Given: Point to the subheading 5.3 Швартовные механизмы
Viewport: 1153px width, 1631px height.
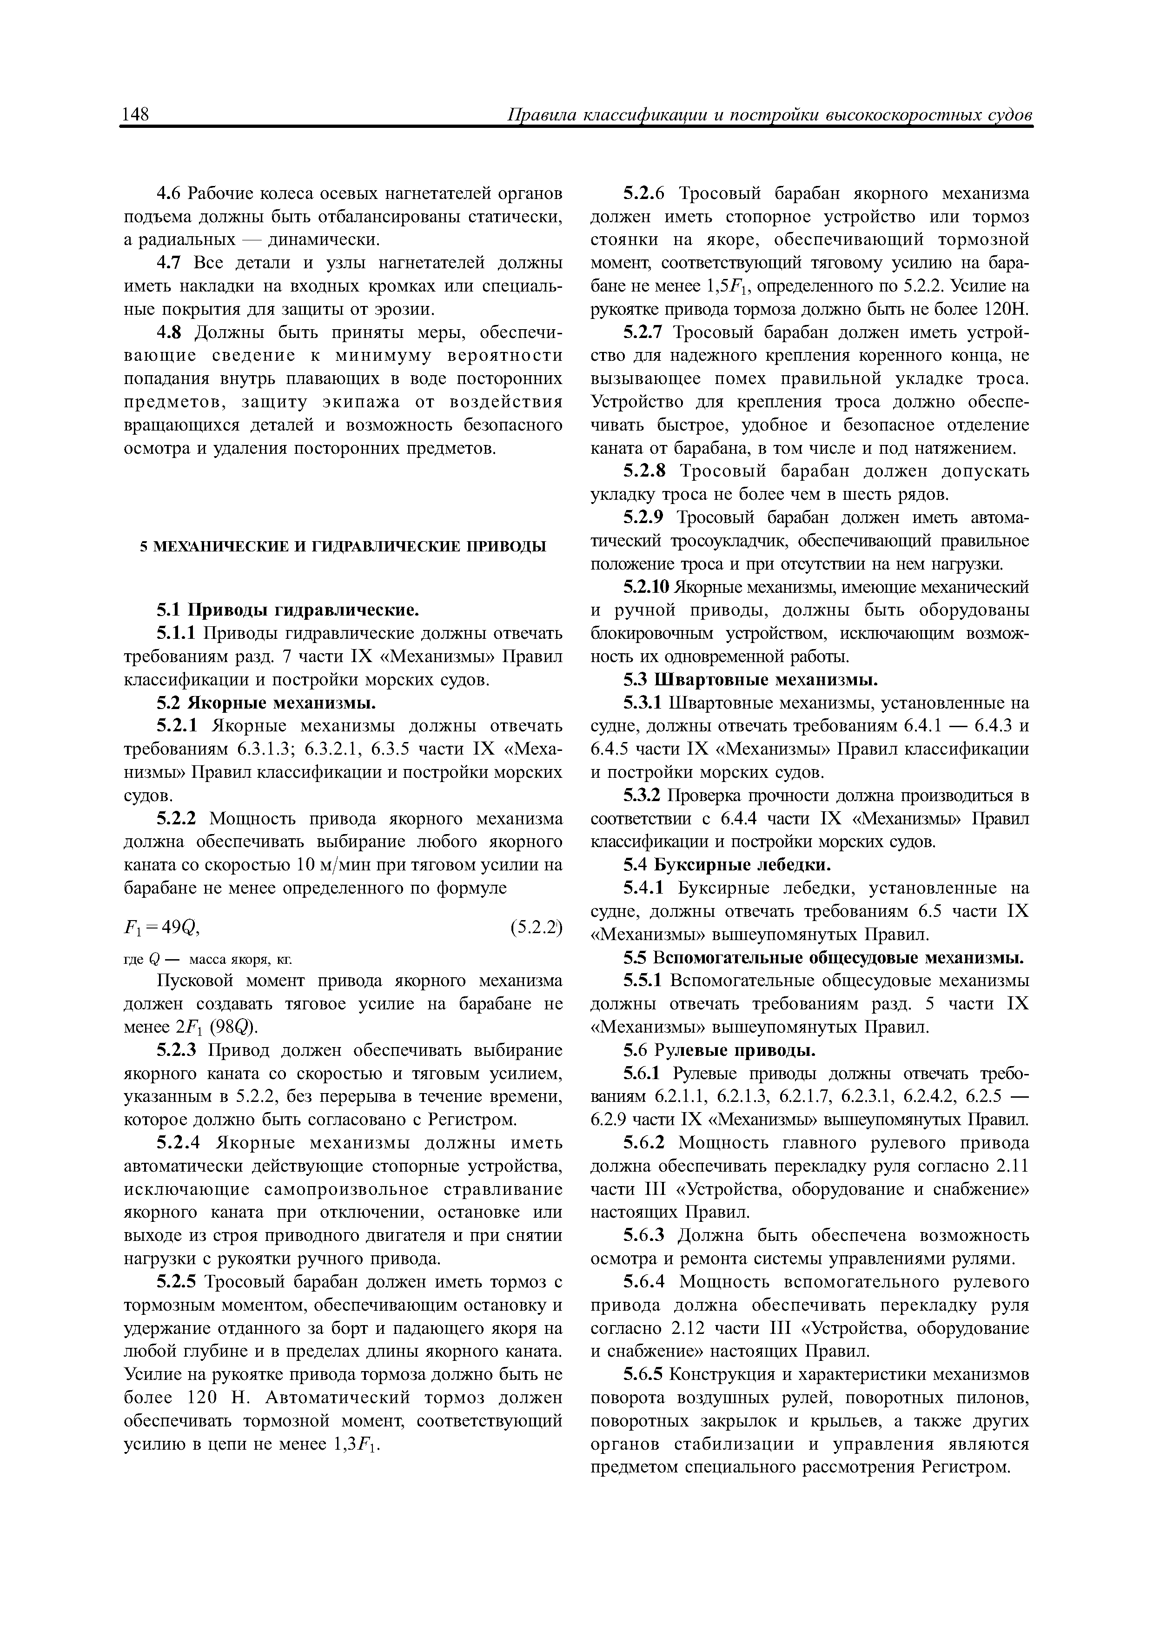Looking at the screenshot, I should point(750,680).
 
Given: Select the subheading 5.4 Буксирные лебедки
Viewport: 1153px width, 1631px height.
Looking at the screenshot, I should point(727,865).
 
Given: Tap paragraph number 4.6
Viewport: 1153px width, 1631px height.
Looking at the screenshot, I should point(171,193).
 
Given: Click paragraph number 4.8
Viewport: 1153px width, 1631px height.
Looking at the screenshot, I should point(171,332).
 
